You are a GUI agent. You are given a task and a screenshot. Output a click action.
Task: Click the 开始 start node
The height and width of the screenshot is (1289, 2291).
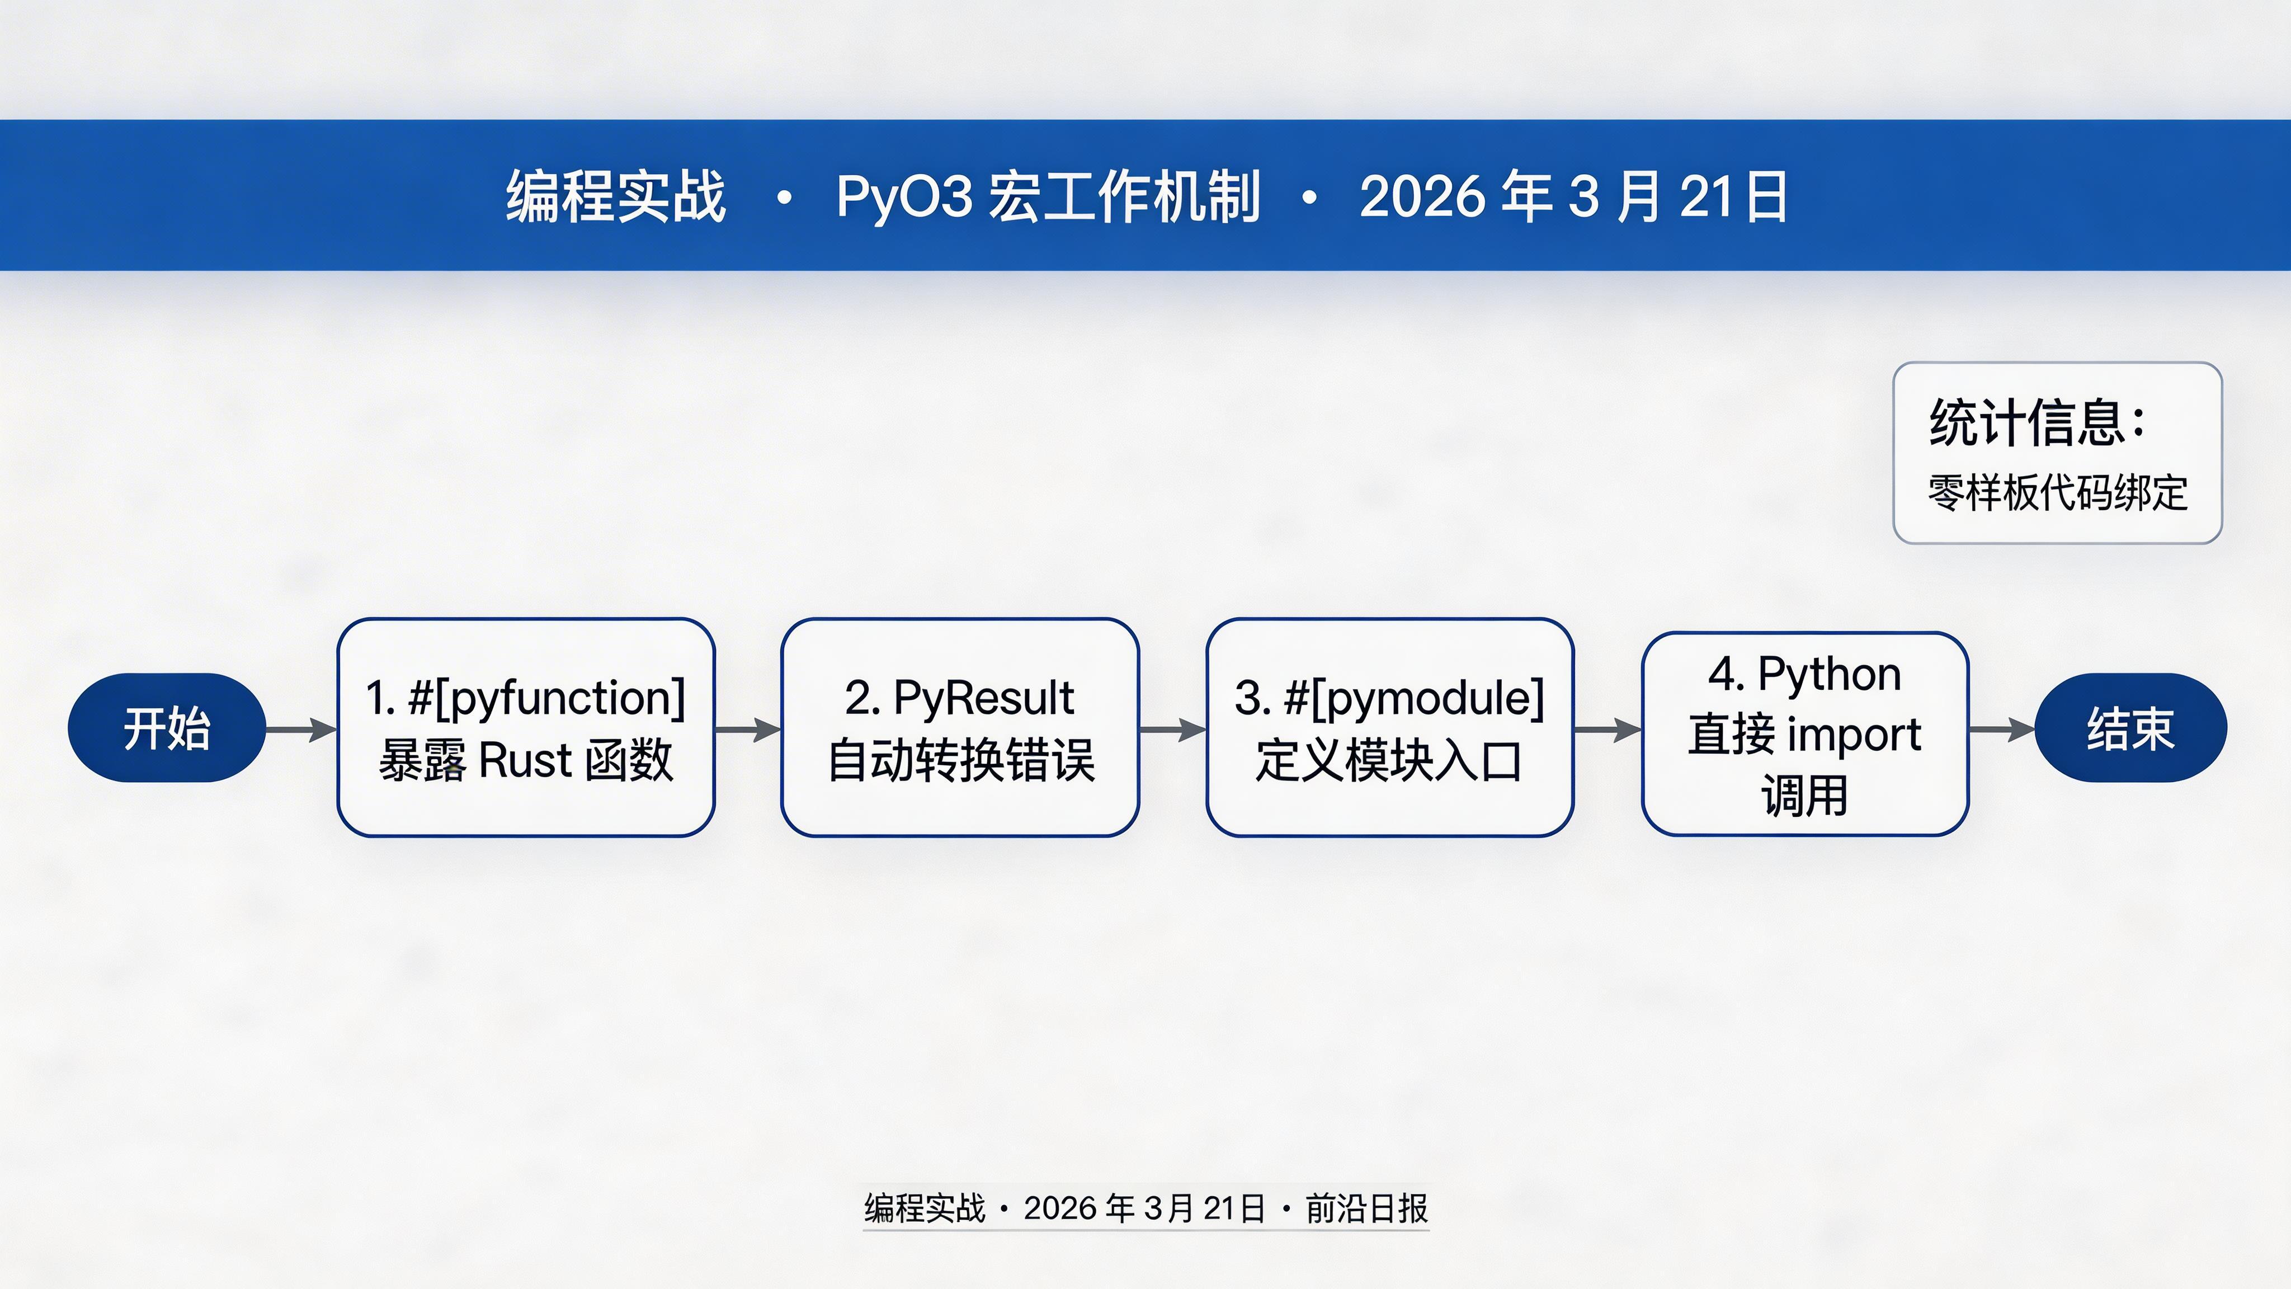point(166,728)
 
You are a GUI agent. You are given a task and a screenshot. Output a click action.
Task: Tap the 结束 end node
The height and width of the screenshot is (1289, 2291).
point(2130,728)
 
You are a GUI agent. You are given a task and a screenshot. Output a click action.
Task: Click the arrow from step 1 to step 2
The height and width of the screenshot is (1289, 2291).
point(748,730)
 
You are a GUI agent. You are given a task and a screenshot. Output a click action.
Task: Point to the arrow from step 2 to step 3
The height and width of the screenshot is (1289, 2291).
point(1172,730)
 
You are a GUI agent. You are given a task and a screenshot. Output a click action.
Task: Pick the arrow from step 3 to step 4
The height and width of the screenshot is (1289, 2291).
point(1607,730)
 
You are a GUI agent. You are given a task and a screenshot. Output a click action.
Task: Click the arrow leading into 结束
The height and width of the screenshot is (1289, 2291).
point(2001,730)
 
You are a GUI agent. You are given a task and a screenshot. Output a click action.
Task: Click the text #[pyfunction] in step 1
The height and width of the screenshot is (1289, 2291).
point(547,698)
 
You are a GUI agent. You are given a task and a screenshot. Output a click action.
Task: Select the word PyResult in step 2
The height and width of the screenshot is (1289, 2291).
point(984,698)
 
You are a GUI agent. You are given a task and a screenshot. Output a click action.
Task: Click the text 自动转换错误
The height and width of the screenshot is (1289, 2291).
point(960,761)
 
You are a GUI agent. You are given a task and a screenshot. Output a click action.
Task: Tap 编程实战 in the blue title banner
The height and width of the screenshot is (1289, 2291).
point(615,196)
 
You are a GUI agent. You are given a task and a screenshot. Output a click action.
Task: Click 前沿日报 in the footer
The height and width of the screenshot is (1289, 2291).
point(1366,1208)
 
